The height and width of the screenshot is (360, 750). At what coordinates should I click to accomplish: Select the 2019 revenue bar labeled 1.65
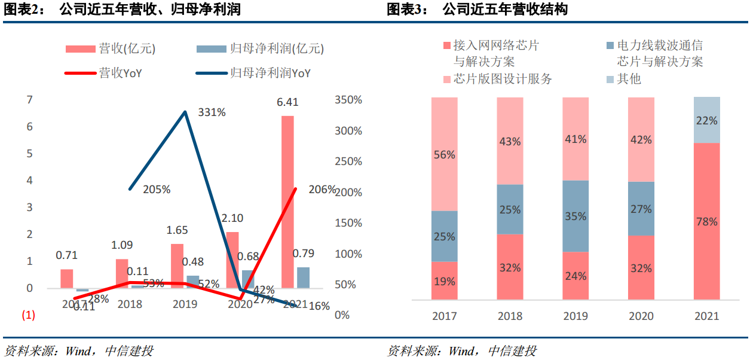click(x=177, y=266)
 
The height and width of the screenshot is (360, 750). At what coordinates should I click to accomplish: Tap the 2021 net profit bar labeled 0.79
click(x=303, y=277)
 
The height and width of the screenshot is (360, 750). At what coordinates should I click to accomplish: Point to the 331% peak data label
click(x=213, y=112)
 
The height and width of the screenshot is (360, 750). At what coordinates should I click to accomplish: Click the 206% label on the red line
click(x=322, y=190)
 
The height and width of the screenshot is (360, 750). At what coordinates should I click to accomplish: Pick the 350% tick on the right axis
click(x=348, y=100)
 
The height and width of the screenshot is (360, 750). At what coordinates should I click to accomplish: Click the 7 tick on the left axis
click(x=29, y=100)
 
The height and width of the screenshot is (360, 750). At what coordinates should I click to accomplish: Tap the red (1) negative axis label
click(x=29, y=315)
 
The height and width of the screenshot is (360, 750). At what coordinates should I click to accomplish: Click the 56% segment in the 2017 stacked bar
click(x=444, y=154)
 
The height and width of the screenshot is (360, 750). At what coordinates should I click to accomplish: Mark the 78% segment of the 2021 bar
click(x=707, y=221)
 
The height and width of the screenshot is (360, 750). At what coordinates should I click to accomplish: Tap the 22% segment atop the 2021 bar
click(x=707, y=120)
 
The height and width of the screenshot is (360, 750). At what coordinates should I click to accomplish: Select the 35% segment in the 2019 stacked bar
click(x=575, y=216)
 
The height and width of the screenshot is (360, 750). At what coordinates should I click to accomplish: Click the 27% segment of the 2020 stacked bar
click(x=641, y=208)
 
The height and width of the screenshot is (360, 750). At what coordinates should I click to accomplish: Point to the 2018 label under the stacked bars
click(x=510, y=316)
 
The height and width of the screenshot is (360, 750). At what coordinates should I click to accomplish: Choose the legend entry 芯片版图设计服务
click(x=503, y=79)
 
